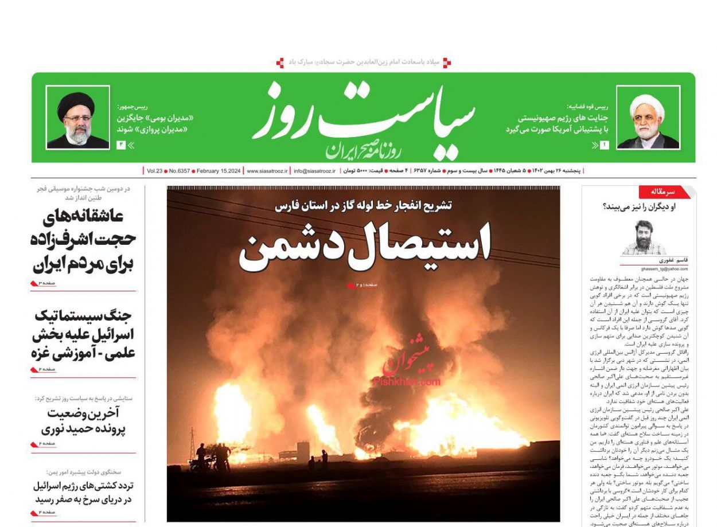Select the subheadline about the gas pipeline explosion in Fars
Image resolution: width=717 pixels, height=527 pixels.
[363, 205]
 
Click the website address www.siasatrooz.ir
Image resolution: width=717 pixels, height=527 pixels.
[267, 171]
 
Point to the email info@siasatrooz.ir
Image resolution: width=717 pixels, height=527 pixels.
[314, 171]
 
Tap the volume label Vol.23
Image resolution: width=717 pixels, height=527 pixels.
[155, 171]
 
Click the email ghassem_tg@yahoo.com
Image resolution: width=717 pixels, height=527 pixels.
[663, 268]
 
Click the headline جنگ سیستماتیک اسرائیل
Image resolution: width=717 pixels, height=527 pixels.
[84, 334]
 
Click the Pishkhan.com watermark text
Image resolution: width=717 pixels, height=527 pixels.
[407, 381]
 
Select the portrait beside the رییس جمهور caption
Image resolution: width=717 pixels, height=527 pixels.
[77, 118]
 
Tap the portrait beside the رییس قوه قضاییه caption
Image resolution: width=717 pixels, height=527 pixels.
[648, 118]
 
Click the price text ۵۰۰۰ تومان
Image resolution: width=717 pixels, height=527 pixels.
[356, 171]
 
